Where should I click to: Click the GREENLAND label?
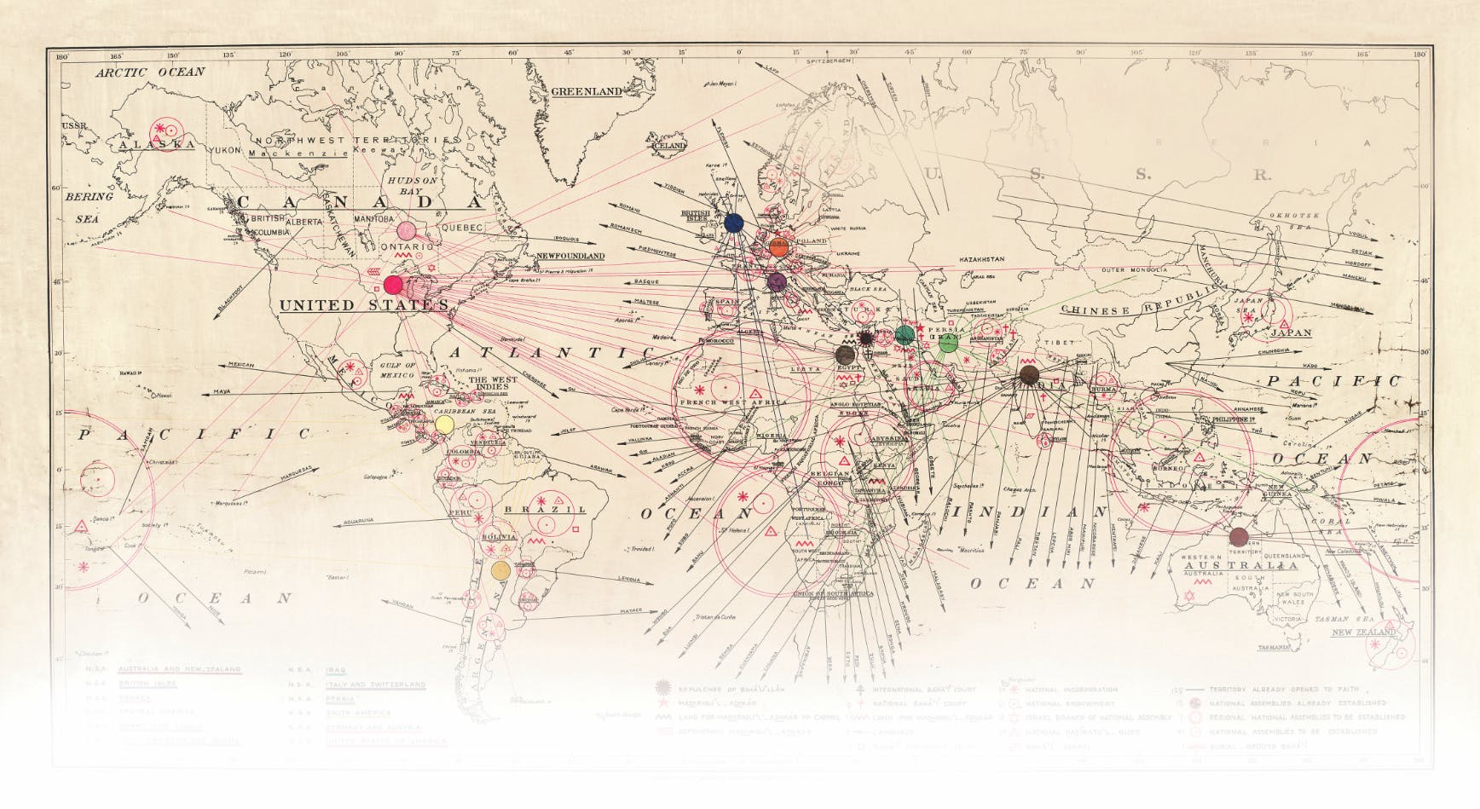tap(587, 91)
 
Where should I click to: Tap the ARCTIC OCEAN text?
tap(150, 72)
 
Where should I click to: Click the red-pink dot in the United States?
tap(393, 285)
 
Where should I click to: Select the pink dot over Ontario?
tap(405, 231)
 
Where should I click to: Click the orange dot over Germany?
tap(778, 247)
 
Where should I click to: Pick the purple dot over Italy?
tap(776, 281)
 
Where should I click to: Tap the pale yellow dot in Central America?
tap(443, 424)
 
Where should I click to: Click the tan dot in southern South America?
tap(500, 569)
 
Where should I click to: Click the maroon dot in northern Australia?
tap(1239, 536)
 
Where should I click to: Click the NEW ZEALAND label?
tap(1365, 633)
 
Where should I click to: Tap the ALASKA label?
tap(158, 146)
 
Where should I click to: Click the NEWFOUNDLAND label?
tap(570, 256)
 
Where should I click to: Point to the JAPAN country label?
tap(1291, 333)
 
